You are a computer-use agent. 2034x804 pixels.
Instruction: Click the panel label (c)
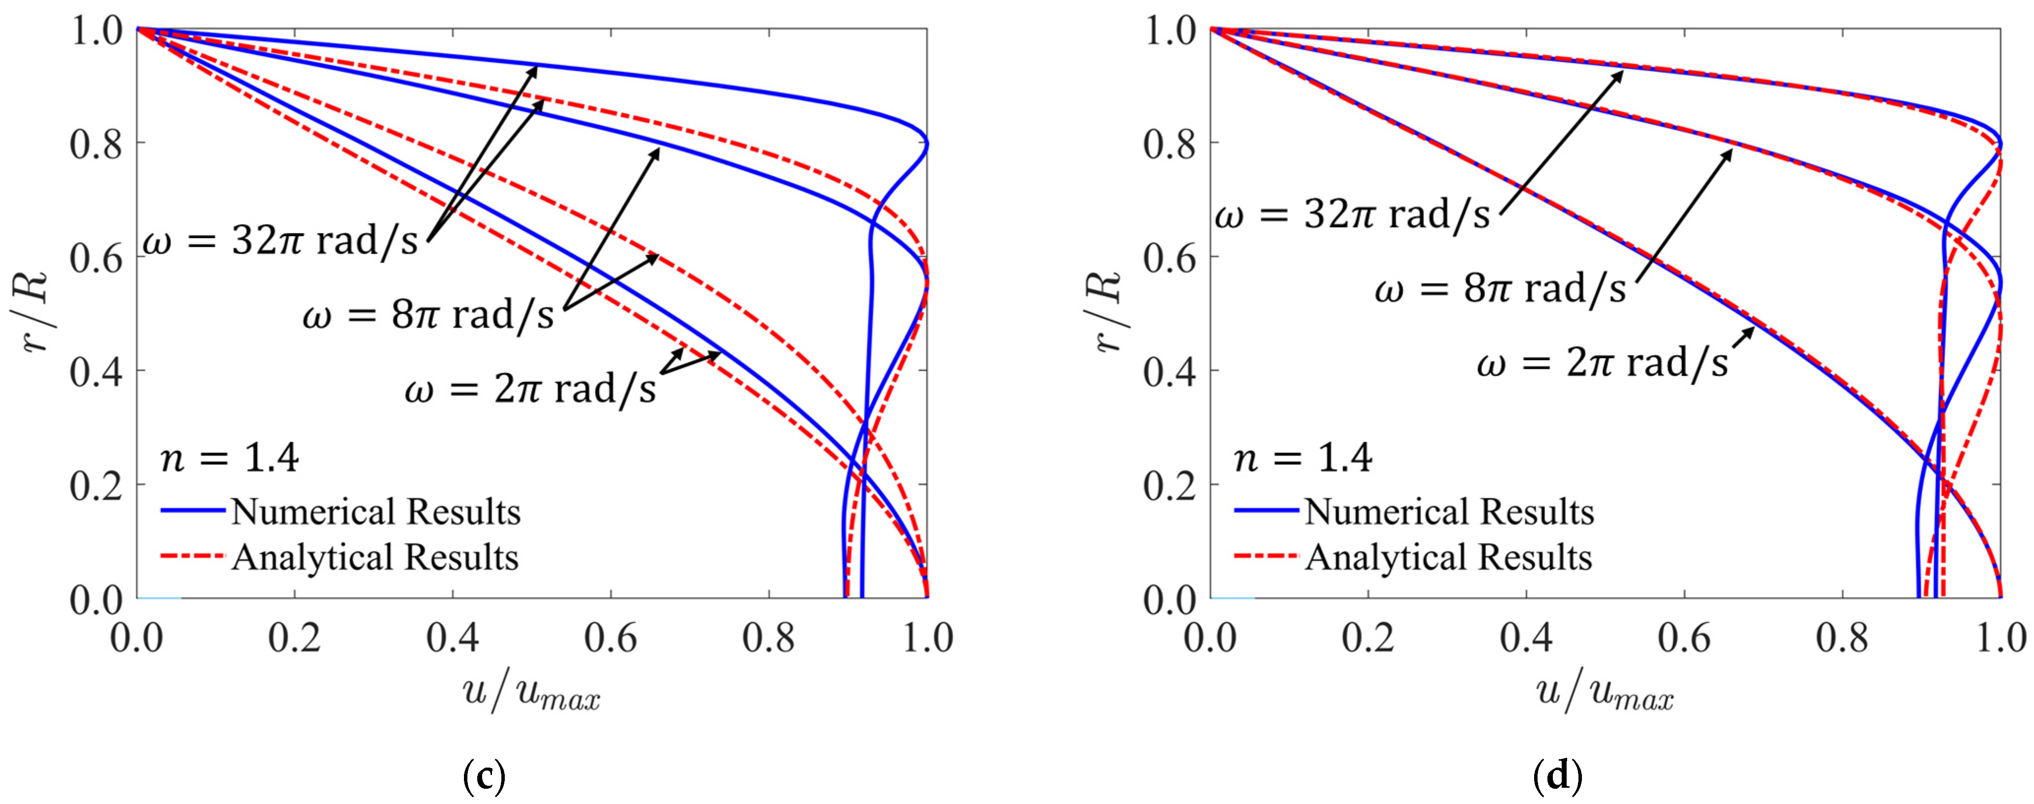tap(483, 777)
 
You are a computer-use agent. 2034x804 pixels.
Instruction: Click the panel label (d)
tap(1557, 777)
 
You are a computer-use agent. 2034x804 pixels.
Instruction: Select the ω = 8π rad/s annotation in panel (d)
tap(1500, 289)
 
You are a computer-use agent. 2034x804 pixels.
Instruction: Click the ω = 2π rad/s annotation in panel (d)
tap(1603, 364)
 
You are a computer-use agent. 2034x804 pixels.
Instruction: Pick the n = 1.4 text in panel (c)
tap(229, 458)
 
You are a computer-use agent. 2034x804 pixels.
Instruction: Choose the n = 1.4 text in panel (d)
tap(1303, 458)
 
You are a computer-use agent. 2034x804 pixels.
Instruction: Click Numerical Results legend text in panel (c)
tap(376, 512)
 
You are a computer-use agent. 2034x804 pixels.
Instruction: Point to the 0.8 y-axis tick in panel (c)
tap(97, 144)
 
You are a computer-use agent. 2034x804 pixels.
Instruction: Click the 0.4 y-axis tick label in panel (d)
tap(1169, 371)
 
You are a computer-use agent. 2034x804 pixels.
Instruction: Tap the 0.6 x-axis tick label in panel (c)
tap(610, 638)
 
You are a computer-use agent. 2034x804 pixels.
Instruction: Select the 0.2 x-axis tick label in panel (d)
tap(1368, 638)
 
